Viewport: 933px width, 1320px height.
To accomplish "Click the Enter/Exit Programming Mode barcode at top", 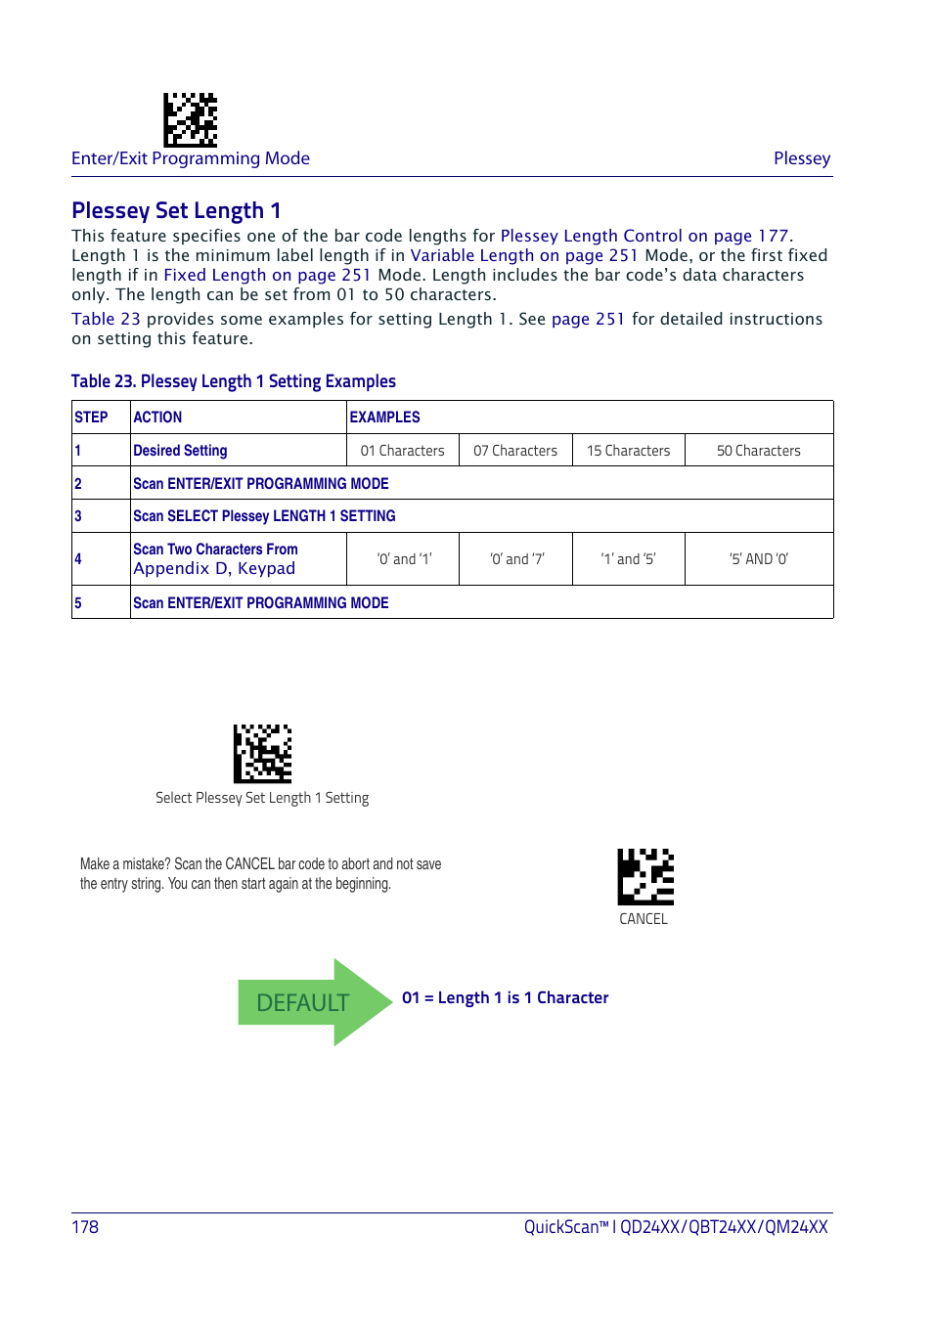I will pos(190,119).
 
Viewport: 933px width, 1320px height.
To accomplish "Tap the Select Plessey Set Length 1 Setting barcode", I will pos(262,753).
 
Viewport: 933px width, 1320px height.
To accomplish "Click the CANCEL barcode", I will pos(645,876).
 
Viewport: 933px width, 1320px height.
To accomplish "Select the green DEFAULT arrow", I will pos(313,1002).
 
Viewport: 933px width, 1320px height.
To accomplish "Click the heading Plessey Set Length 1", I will pos(176,211).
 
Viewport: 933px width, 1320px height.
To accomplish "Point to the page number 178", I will pos(85,1227).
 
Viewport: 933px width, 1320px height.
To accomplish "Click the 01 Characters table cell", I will pos(402,451).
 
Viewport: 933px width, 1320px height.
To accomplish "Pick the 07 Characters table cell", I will pos(515,451).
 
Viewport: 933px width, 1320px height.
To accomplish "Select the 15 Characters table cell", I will pos(628,451).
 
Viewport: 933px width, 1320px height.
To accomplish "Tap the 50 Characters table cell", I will pos(758,451).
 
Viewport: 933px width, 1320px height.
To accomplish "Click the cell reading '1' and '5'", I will pos(628,559).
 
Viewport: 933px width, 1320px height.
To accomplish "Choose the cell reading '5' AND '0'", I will pos(758,559).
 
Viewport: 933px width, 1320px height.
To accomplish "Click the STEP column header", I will pos(91,418).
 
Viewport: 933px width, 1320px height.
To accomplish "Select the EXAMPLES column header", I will pos(384,418).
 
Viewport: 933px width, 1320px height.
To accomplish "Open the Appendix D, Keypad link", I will pos(214,569).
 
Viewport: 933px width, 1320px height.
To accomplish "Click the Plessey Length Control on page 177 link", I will pos(644,236).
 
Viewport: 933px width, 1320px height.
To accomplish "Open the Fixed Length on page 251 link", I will pos(267,275).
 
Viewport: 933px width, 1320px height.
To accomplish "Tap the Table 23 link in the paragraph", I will pos(106,319).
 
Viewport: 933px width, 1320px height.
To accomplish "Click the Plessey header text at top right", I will pos(802,158).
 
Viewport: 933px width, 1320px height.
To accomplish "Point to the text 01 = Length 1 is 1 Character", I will pos(505,998).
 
